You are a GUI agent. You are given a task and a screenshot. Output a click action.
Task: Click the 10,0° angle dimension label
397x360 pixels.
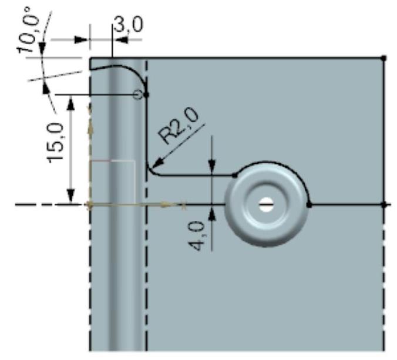tap(28, 30)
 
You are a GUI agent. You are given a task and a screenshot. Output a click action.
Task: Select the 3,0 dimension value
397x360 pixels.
tap(129, 24)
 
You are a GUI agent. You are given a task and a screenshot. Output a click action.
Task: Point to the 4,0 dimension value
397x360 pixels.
tap(197, 235)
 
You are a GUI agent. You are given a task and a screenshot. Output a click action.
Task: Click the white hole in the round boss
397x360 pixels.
tap(266, 204)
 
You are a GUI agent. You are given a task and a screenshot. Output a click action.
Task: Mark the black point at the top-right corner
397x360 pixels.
tap(384, 58)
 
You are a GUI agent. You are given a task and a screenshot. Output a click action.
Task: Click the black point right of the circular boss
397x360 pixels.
tap(309, 205)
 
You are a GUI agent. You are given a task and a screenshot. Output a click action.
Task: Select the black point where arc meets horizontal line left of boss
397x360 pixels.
tap(235, 175)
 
